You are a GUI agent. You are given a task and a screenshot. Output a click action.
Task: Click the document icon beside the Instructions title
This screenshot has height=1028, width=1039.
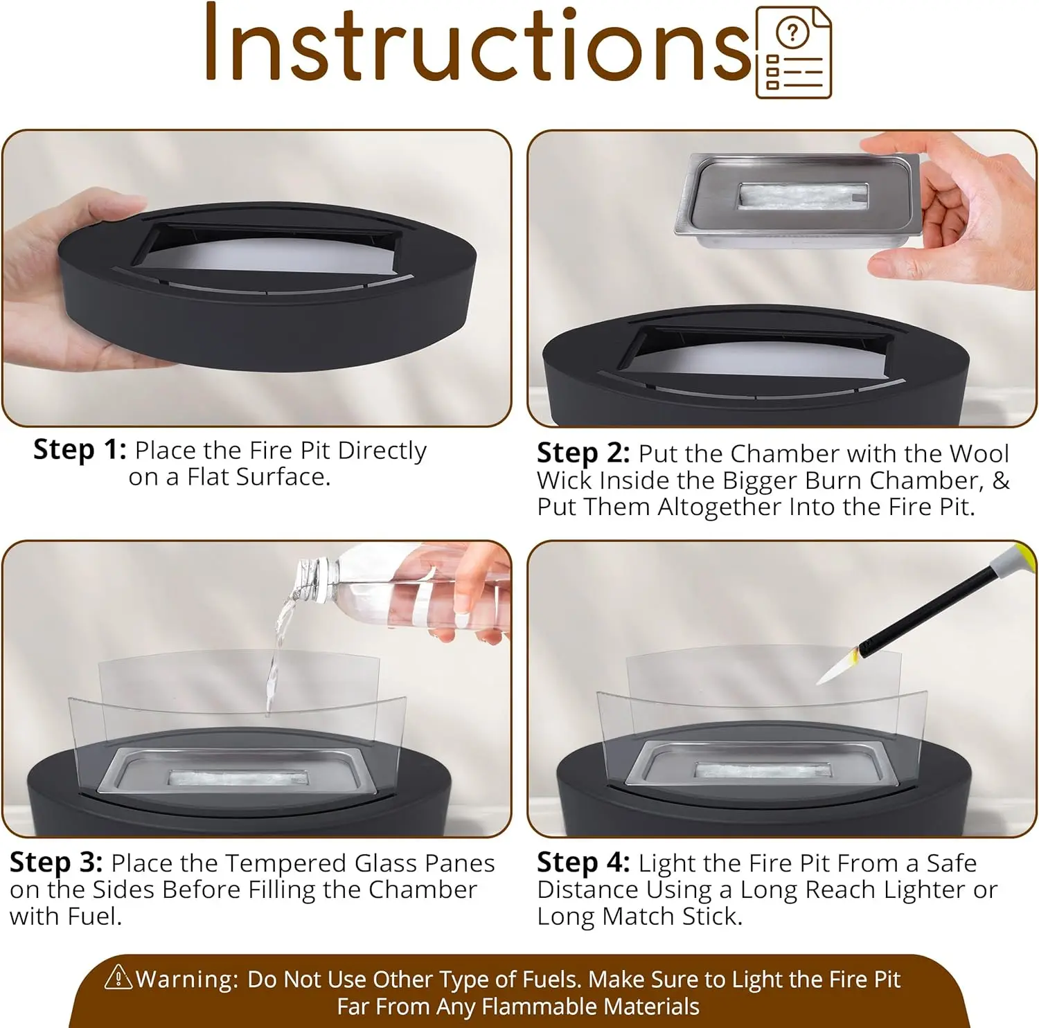point(793,53)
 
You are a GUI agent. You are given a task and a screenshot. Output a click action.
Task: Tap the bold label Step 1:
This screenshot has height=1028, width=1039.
point(80,451)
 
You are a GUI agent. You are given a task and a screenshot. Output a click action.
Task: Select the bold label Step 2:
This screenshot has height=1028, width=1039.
point(583,453)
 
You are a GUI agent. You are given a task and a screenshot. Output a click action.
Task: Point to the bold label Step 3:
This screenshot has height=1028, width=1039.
point(56,863)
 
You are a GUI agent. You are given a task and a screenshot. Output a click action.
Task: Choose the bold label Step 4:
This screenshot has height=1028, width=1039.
point(583,863)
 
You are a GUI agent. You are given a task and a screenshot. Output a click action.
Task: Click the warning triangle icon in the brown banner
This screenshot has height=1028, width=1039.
point(118,977)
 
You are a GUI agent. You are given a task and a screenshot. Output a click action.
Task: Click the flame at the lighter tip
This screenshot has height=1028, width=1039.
point(839,667)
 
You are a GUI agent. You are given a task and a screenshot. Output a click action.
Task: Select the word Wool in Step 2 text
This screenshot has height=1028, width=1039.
point(979,453)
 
